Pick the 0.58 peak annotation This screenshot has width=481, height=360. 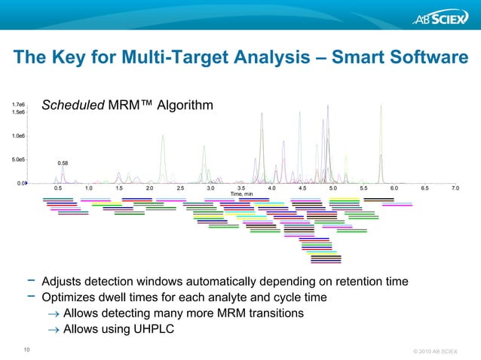tap(63, 163)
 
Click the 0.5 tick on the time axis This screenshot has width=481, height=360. tap(58, 188)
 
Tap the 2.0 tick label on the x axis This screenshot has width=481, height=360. tap(149, 188)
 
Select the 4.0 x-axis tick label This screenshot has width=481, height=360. tap(271, 188)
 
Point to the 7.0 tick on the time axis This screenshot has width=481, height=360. tap(455, 188)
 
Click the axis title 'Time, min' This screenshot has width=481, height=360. tap(243, 194)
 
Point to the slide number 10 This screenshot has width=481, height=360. tap(27, 349)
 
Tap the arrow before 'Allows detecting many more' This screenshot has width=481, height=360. tap(53, 313)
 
